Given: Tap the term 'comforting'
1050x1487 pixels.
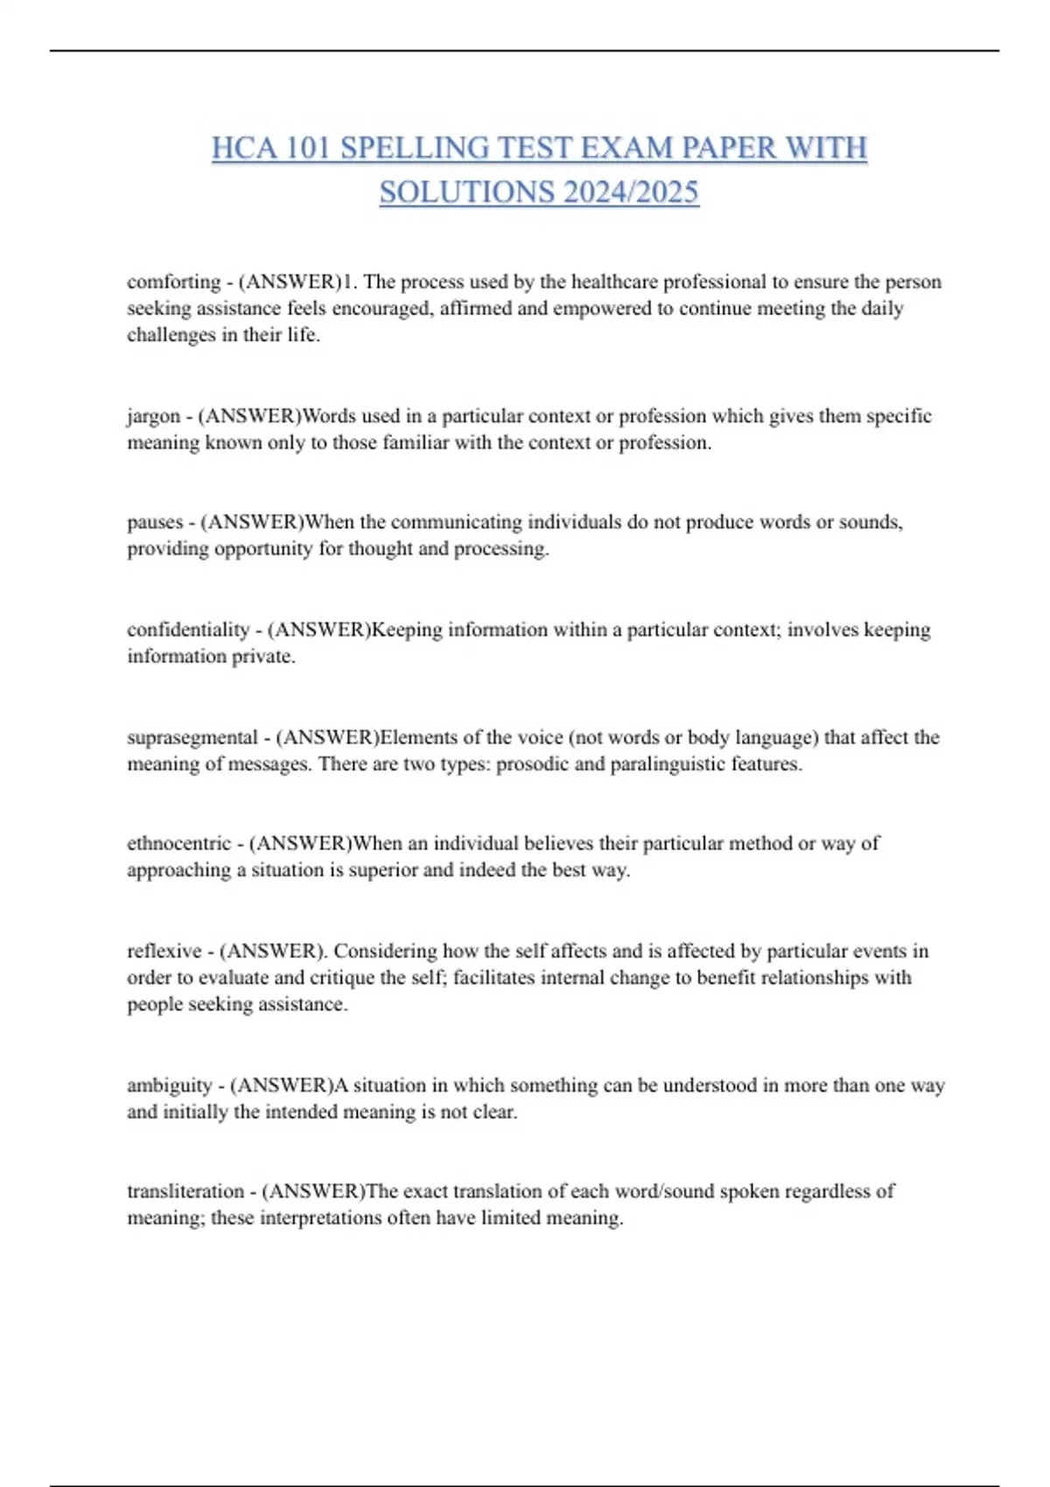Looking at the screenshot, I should tap(173, 282).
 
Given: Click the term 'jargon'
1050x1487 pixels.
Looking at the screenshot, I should tap(153, 416).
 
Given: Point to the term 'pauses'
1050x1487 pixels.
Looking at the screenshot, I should tap(155, 522).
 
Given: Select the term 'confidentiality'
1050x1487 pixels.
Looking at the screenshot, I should tap(187, 630).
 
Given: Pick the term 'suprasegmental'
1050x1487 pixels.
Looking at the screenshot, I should tap(192, 737).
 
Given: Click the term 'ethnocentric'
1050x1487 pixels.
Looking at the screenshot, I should tap(178, 843).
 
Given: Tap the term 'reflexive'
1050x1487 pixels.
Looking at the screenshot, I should tap(164, 951).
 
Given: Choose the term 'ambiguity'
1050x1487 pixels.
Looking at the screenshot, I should tap(169, 1086).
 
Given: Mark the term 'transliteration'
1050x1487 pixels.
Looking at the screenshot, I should tap(185, 1191).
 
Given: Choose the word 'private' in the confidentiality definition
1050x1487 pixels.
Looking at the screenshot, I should tap(262, 656).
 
